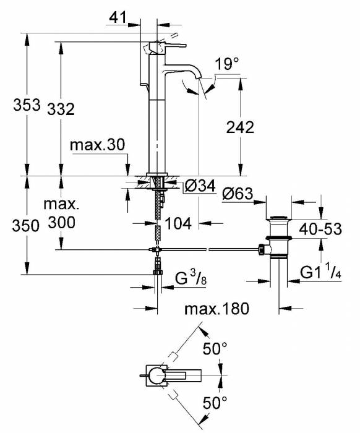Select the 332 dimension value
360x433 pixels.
click(x=61, y=109)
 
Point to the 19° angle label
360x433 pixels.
click(x=227, y=64)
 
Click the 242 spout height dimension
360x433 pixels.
click(x=241, y=128)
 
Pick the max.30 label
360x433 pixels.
click(x=97, y=145)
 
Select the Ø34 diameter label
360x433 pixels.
click(x=199, y=186)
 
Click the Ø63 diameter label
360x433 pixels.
click(x=238, y=194)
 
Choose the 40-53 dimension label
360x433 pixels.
click(x=320, y=229)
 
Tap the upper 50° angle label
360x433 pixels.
click(x=215, y=349)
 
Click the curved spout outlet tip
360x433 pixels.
click(x=189, y=88)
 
